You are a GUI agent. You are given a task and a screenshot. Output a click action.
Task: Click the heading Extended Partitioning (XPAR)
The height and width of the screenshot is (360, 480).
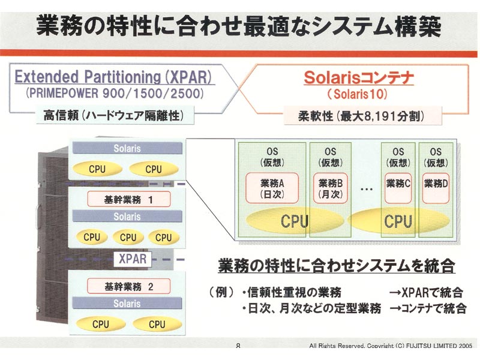click(113, 77)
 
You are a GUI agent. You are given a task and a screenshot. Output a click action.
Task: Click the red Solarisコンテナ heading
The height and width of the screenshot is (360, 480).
click(358, 78)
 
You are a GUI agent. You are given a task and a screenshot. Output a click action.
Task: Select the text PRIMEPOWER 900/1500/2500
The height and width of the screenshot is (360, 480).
click(115, 93)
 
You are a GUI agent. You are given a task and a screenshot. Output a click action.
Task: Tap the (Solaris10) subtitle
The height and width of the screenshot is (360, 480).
click(358, 94)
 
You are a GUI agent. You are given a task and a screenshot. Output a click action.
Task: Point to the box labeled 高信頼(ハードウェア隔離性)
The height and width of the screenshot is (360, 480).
click(115, 115)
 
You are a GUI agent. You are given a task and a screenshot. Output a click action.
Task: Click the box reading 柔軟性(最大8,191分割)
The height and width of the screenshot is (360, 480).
click(363, 116)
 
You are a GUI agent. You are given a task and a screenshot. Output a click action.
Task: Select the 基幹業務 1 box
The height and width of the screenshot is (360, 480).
click(129, 200)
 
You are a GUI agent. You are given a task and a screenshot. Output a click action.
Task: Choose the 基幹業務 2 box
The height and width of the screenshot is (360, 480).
click(129, 287)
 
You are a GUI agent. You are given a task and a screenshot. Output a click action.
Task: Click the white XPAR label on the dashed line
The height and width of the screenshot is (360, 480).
click(133, 259)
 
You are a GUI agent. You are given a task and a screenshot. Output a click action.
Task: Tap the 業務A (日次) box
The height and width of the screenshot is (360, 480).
click(272, 188)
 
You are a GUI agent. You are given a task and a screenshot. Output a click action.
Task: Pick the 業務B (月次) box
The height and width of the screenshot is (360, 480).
click(331, 188)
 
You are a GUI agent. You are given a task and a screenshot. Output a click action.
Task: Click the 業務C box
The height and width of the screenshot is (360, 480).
click(398, 188)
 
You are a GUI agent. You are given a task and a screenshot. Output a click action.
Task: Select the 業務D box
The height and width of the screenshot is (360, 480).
click(436, 188)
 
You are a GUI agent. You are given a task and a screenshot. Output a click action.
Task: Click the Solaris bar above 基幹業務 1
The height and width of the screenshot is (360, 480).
click(127, 148)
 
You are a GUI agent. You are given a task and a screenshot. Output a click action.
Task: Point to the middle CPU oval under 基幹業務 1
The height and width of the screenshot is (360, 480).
click(128, 237)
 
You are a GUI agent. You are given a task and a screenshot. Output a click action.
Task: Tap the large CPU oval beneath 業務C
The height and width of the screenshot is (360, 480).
click(398, 221)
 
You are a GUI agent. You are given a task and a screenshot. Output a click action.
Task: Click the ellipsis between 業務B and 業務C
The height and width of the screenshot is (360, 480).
click(366, 189)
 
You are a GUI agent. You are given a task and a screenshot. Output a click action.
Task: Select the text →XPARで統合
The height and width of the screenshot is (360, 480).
click(426, 292)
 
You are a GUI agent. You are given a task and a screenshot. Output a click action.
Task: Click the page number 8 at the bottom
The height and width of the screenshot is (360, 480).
click(238, 346)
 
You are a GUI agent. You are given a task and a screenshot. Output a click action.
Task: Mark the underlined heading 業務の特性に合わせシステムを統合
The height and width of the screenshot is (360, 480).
click(337, 266)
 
